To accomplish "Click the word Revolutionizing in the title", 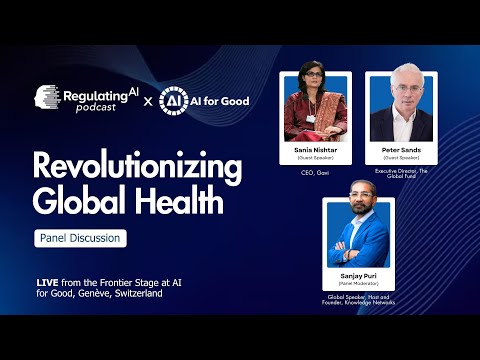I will pyautogui.click(x=128, y=166).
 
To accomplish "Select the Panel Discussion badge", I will pyautogui.click(x=80, y=239).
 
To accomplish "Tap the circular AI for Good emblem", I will pyautogui.click(x=174, y=102).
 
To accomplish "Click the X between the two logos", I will pyautogui.click(x=148, y=102).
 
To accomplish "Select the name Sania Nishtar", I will pyautogui.click(x=316, y=150).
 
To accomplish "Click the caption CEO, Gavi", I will pyautogui.click(x=316, y=172).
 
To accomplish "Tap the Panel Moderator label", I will pyautogui.click(x=358, y=282).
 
